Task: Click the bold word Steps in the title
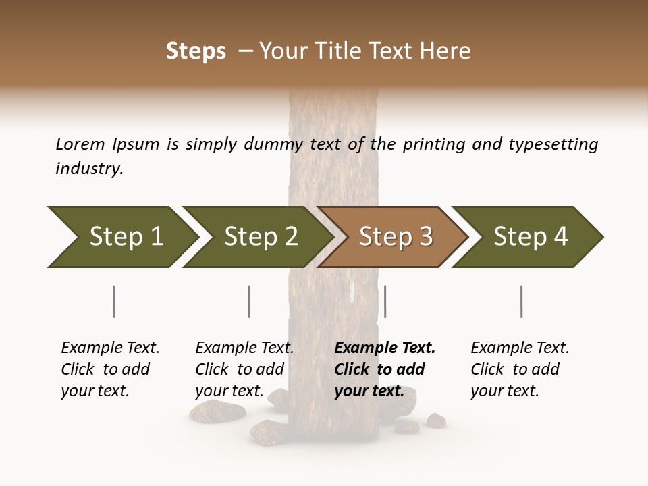pyautogui.click(x=196, y=51)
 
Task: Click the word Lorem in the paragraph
pyautogui.click(x=80, y=144)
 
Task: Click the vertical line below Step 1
pyautogui.click(x=113, y=301)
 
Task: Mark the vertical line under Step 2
pyautogui.click(x=248, y=301)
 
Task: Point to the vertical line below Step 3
pyautogui.click(x=385, y=301)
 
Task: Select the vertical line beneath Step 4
pyautogui.click(x=521, y=301)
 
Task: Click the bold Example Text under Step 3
pyautogui.click(x=385, y=348)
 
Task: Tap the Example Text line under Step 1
pyautogui.click(x=110, y=348)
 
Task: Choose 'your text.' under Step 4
pyautogui.click(x=504, y=391)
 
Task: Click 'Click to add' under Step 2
pyautogui.click(x=240, y=369)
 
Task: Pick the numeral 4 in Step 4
pyautogui.click(x=560, y=237)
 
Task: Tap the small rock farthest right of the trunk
pyautogui.click(x=436, y=420)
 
